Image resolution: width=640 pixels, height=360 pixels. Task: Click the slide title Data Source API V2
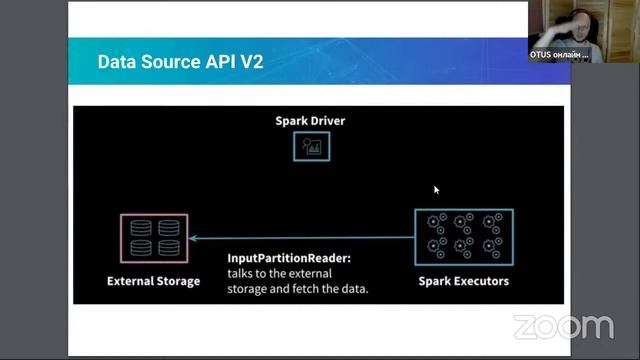coord(180,62)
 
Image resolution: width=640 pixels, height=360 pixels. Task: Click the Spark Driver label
coord(310,121)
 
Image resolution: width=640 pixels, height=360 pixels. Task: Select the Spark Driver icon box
coord(311,147)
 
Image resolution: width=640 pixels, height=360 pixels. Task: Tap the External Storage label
coord(153,281)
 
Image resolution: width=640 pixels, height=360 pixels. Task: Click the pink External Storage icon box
coord(153,238)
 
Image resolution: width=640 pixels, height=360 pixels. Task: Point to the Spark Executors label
coord(463,281)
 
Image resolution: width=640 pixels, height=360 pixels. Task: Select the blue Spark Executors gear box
coord(463,237)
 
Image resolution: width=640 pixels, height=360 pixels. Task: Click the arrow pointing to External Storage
coord(300,238)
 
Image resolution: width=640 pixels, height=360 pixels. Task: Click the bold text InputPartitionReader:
coord(289,258)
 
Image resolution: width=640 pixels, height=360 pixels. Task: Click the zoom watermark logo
coord(563,327)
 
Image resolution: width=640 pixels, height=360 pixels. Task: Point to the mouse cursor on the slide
coord(436,189)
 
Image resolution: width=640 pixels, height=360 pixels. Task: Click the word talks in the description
coord(244,273)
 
